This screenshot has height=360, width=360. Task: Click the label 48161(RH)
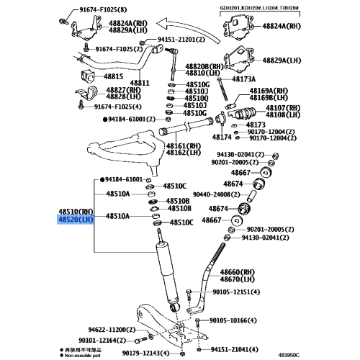click(183, 145)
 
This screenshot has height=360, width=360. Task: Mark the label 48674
click(219, 208)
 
